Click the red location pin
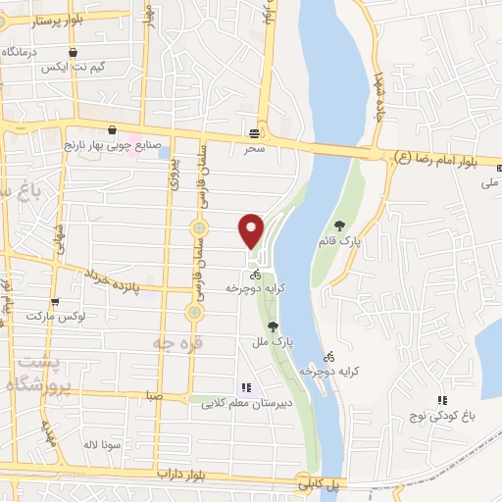[252, 229]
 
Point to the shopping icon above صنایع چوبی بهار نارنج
[112, 129]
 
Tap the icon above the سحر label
[255, 132]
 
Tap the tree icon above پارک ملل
[273, 326]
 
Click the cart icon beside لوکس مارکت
[55, 302]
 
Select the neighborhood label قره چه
[170, 340]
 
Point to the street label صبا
[152, 395]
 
